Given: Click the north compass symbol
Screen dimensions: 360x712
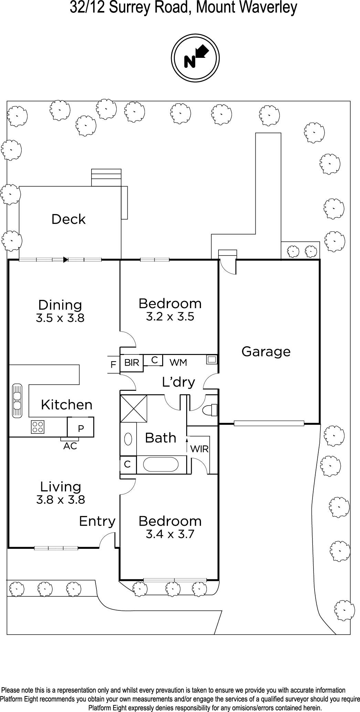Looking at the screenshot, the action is pyautogui.click(x=195, y=58).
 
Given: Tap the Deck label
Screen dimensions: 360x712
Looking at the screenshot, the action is pyautogui.click(x=68, y=219).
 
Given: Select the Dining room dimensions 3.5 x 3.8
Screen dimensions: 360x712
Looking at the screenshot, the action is pyautogui.click(x=60, y=318).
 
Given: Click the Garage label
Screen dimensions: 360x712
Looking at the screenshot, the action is pyautogui.click(x=266, y=352).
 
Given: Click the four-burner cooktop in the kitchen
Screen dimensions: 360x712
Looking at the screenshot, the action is pyautogui.click(x=37, y=427).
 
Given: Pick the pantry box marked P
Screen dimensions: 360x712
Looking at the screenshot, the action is pyautogui.click(x=81, y=427).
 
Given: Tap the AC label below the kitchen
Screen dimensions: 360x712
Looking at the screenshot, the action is pyautogui.click(x=70, y=446).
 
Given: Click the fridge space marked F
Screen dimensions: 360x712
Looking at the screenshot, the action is pyautogui.click(x=113, y=365).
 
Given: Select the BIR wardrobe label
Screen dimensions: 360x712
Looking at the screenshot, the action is pyautogui.click(x=131, y=363).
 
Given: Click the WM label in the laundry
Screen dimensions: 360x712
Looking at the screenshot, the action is pyautogui.click(x=179, y=363).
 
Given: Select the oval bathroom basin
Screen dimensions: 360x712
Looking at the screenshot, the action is pyautogui.click(x=128, y=439).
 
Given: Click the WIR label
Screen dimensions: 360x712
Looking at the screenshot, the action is pyautogui.click(x=200, y=449).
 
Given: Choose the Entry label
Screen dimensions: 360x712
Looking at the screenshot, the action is pyautogui.click(x=97, y=521).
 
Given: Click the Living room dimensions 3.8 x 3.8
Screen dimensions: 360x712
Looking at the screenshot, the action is pyautogui.click(x=61, y=500).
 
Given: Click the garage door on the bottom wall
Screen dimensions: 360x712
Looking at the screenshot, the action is pyautogui.click(x=269, y=423).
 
